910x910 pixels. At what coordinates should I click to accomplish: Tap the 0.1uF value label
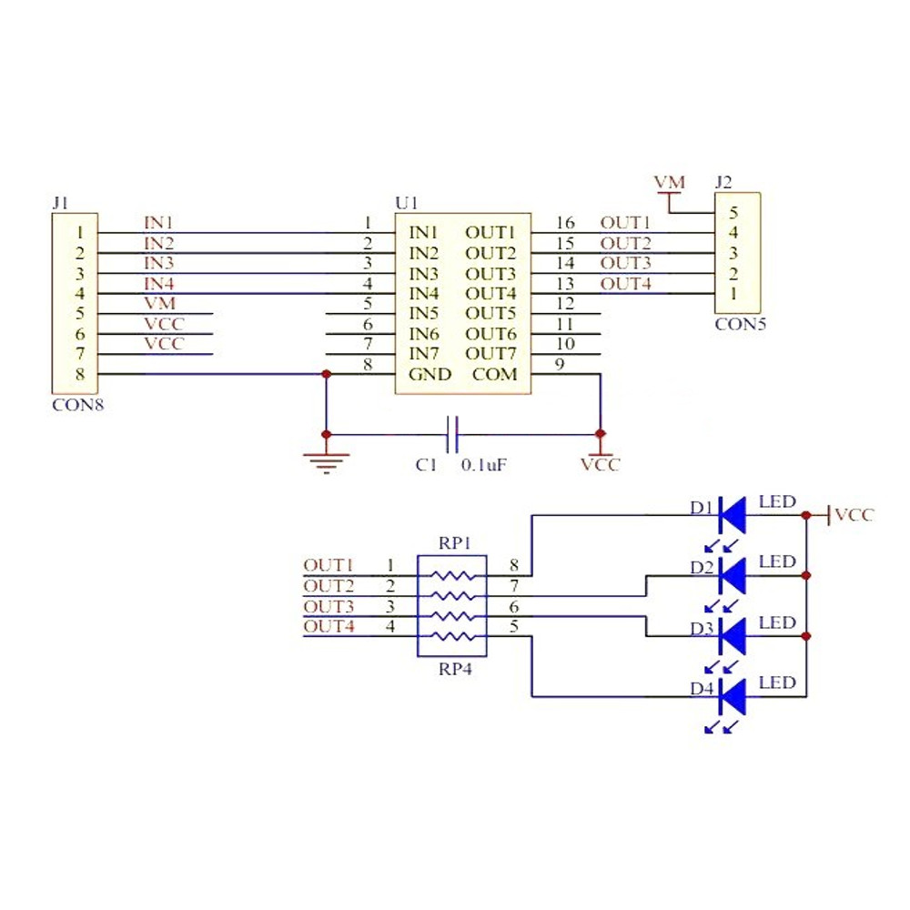click(x=483, y=465)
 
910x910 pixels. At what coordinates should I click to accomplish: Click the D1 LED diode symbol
click(x=733, y=515)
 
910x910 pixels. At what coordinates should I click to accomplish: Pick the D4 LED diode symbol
click(x=733, y=697)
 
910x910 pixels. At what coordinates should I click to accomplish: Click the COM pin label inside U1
click(x=494, y=374)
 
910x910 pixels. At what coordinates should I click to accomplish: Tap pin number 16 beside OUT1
click(x=564, y=222)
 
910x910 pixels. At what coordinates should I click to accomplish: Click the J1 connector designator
click(x=61, y=202)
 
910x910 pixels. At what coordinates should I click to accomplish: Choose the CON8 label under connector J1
click(x=77, y=405)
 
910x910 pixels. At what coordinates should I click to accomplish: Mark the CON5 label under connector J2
click(x=740, y=323)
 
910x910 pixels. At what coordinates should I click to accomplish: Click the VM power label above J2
click(x=670, y=184)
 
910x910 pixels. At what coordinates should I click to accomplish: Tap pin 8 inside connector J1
click(x=80, y=373)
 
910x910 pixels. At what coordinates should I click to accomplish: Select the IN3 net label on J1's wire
click(x=158, y=263)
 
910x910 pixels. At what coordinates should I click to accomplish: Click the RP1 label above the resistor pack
click(x=454, y=544)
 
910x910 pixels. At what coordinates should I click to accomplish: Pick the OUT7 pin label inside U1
click(x=490, y=353)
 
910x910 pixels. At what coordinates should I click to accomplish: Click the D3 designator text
click(x=701, y=629)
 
